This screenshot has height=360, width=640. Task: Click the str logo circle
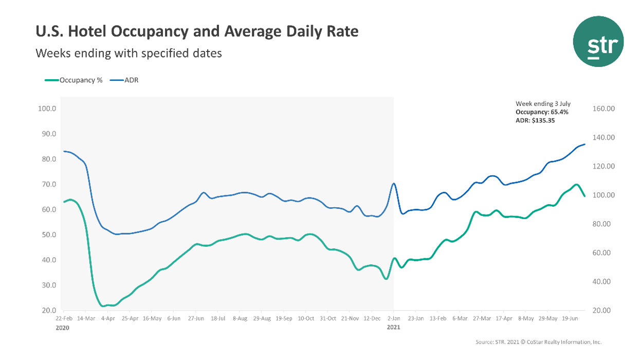598,41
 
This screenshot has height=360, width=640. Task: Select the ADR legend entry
131,80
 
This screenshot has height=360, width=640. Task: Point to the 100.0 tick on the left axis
47,109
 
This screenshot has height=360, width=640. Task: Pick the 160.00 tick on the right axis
604,109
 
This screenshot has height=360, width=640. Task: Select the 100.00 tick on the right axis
604,195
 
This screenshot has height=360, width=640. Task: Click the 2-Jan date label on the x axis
394,319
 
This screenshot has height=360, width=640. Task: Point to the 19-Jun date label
571,319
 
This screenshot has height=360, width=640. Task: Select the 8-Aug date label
240,319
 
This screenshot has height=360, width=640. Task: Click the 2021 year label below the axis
394,327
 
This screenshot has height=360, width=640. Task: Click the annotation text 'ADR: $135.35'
535,121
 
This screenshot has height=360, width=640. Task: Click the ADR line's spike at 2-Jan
394,184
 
